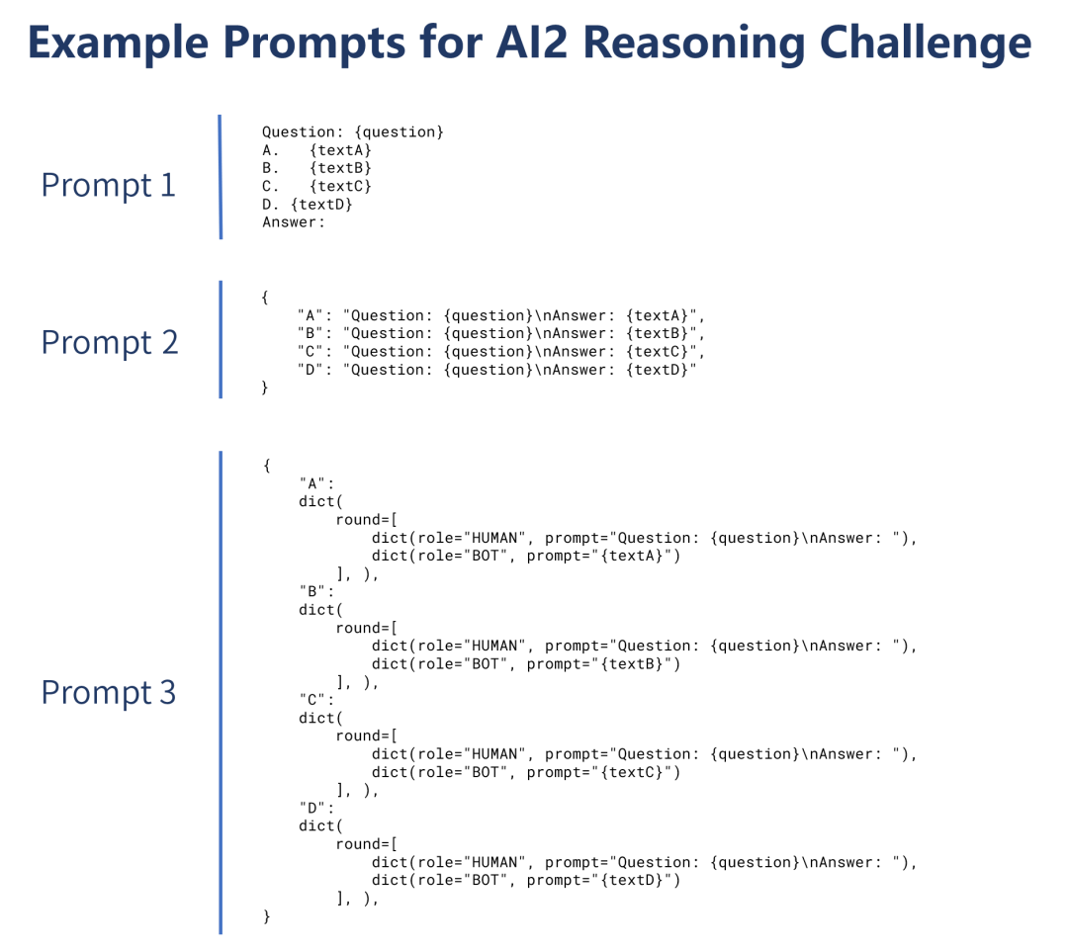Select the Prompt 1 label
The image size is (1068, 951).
click(109, 185)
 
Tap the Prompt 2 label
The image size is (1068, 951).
click(110, 342)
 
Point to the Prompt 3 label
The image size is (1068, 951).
click(109, 692)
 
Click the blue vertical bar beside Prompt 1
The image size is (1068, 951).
click(220, 177)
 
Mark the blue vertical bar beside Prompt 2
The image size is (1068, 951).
click(220, 339)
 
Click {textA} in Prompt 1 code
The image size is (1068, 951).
click(340, 149)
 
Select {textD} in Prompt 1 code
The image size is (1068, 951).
click(321, 205)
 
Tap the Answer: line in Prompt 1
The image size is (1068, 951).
click(294, 221)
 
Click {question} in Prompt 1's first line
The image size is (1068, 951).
click(400, 132)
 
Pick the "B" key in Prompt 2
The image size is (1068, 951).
click(310, 333)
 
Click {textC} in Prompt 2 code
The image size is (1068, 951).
click(658, 352)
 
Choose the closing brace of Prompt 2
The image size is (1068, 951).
click(265, 388)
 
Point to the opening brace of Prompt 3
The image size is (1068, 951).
click(267, 466)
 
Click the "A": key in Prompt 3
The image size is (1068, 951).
click(316, 483)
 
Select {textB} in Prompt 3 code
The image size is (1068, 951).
click(631, 663)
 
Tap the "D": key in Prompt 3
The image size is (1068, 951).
click(316, 808)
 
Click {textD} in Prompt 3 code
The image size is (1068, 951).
click(631, 880)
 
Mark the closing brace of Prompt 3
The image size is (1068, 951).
click(267, 916)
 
